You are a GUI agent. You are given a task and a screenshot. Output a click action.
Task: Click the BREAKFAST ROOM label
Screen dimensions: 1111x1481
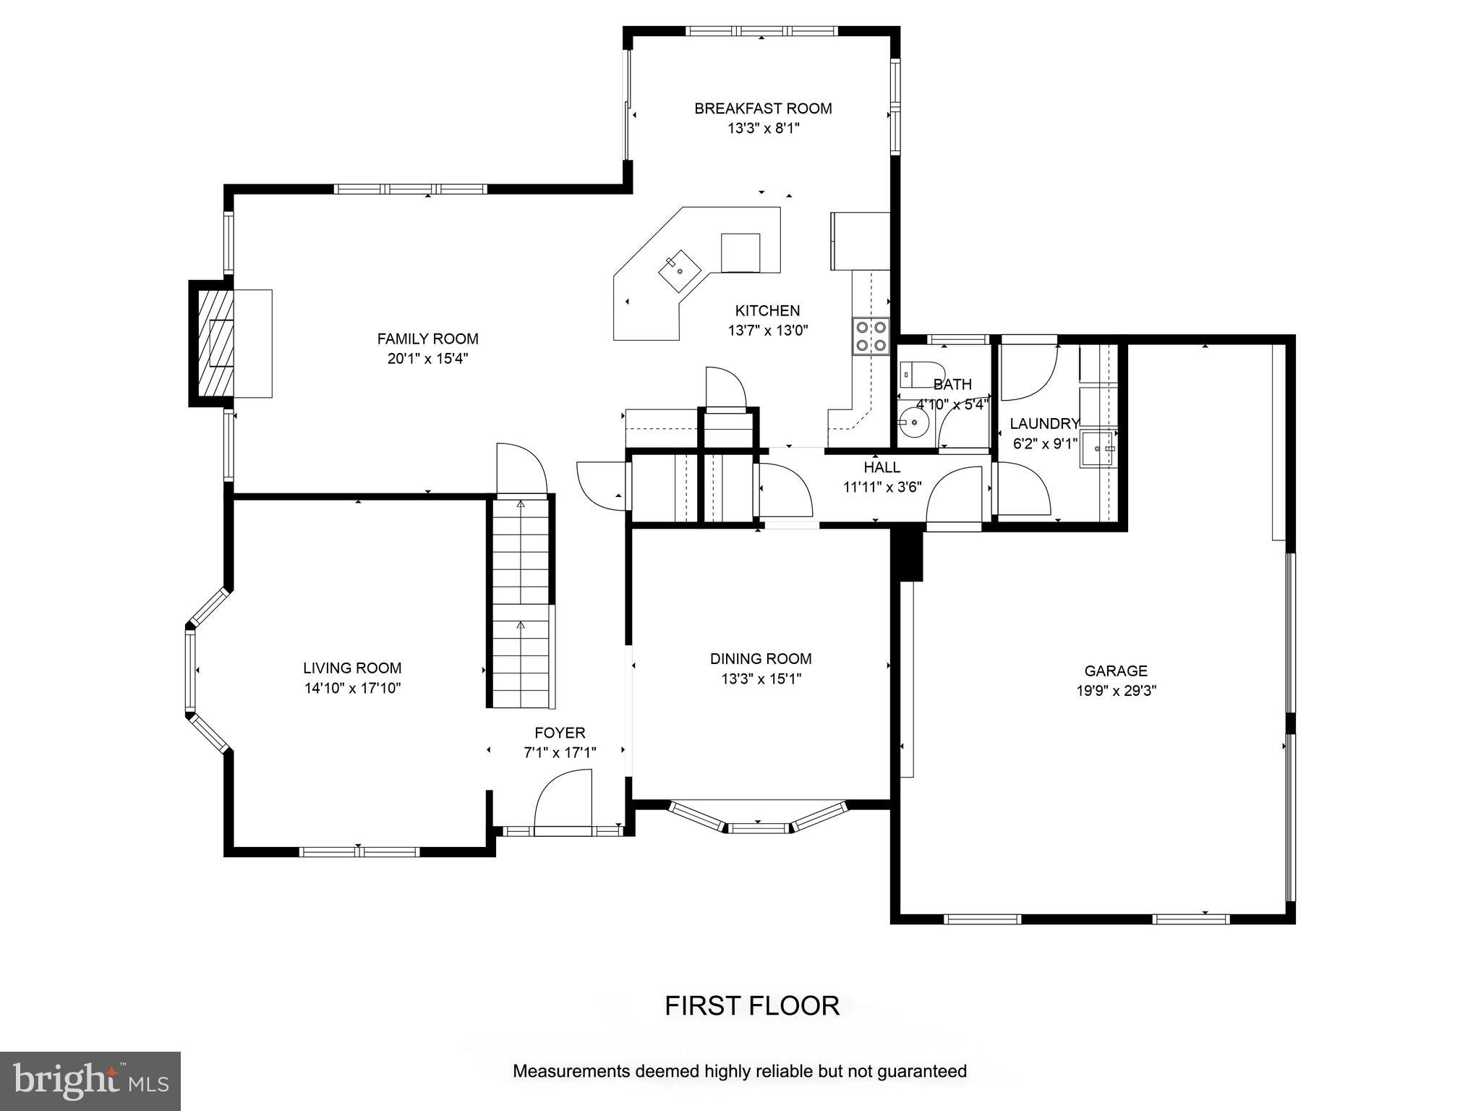(763, 108)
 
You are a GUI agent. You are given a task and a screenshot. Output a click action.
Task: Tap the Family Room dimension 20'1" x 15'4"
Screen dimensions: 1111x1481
(427, 359)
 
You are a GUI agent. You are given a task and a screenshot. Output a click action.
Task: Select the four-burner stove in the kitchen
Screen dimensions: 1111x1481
(870, 336)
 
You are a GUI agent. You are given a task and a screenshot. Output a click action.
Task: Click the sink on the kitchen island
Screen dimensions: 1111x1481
(680, 271)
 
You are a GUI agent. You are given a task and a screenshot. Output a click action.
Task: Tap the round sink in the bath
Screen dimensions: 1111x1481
(914, 422)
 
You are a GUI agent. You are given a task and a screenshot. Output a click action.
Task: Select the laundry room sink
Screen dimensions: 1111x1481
(1098, 449)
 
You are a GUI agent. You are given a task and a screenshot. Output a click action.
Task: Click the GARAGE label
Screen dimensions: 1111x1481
(1115, 671)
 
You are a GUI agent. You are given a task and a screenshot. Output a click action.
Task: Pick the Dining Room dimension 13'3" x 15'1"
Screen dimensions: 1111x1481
(760, 679)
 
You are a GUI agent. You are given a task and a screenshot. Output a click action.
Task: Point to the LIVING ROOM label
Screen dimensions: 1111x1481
(352, 668)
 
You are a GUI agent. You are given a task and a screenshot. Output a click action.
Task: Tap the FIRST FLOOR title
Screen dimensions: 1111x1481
(752, 1006)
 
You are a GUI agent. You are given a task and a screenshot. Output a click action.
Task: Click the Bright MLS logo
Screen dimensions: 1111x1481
(90, 1081)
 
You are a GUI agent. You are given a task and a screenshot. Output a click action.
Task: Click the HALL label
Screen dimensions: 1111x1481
(882, 467)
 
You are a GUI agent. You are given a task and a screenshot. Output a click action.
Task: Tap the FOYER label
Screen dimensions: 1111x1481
(560, 733)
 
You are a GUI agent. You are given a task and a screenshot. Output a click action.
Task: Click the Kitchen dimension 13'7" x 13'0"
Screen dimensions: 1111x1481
(767, 331)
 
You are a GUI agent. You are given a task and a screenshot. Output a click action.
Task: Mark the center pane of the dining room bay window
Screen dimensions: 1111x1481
(758, 827)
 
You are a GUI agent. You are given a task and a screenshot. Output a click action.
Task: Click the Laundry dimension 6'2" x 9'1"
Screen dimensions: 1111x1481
(1045, 444)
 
